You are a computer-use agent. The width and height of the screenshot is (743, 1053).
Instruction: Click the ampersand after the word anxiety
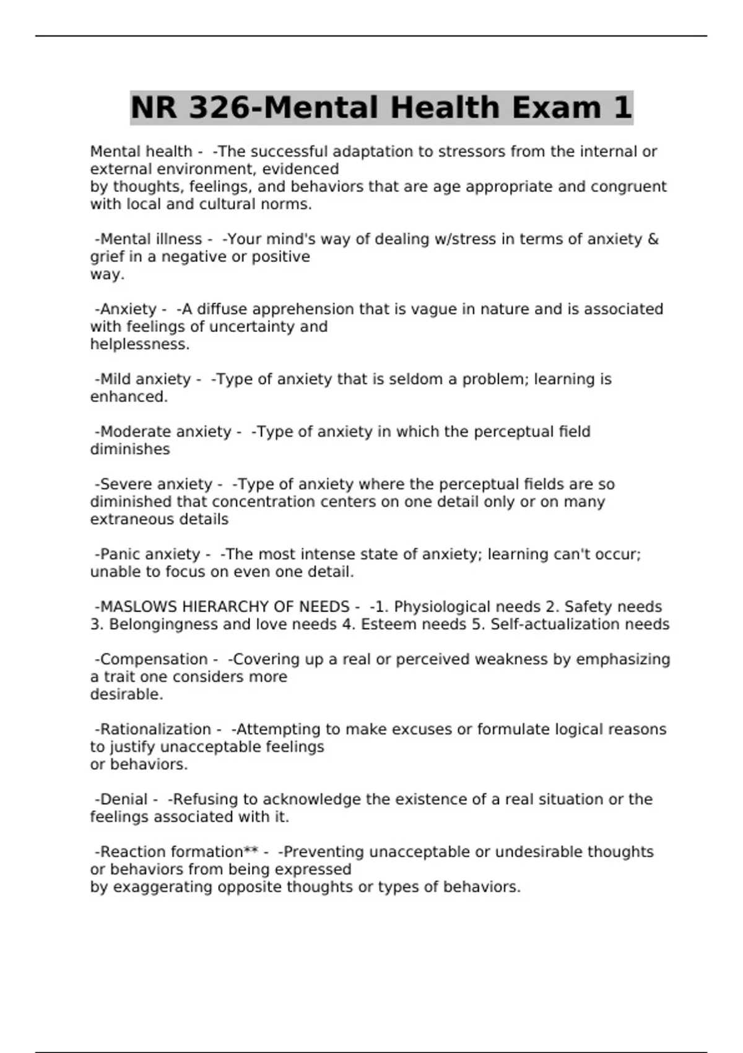(653, 239)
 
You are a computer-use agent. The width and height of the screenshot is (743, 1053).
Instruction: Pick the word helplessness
(139, 344)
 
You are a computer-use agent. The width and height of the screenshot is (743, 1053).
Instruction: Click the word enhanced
(129, 397)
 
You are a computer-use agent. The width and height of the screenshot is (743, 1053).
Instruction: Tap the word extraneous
(129, 520)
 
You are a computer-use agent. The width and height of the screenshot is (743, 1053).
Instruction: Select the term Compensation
(154, 660)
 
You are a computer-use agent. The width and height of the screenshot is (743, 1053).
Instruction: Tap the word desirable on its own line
(126, 695)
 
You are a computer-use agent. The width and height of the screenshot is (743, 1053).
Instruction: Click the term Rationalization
(155, 730)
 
